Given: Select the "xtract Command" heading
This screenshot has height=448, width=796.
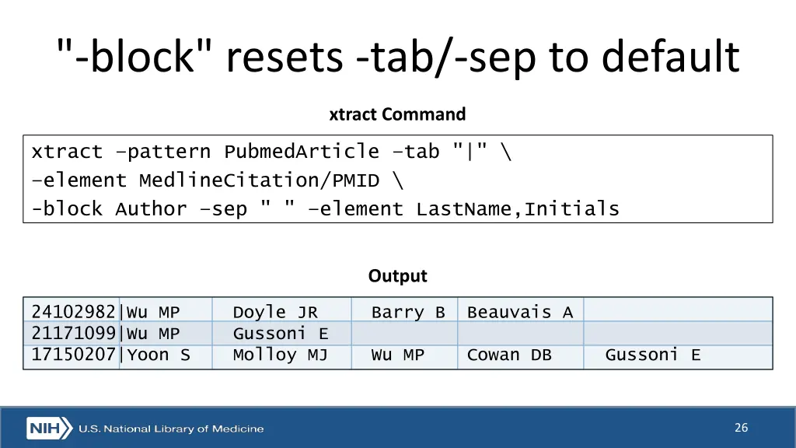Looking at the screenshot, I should (397, 114).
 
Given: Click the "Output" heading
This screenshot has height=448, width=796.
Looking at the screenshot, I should (397, 276).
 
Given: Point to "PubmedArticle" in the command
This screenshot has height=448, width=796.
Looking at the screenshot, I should (302, 152).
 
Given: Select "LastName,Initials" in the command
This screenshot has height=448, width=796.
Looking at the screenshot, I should (518, 208).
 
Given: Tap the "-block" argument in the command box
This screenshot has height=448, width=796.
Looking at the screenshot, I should (67, 208).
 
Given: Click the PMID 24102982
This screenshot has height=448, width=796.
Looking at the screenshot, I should (73, 313).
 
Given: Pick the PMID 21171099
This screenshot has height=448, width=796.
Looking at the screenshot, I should (73, 334).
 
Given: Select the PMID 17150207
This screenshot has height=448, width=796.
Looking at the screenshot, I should (73, 355).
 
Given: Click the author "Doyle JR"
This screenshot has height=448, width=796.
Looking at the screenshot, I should (275, 313).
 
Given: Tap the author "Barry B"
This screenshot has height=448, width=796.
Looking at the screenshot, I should (408, 313).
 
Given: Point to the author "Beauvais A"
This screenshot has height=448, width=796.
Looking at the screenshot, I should (519, 313).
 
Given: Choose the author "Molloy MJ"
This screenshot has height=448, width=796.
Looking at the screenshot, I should (280, 355).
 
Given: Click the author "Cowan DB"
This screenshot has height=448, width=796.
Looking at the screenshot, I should (509, 355).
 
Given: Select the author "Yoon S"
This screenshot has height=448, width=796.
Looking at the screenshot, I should (159, 355).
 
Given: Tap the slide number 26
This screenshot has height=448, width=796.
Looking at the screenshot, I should (741, 427).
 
